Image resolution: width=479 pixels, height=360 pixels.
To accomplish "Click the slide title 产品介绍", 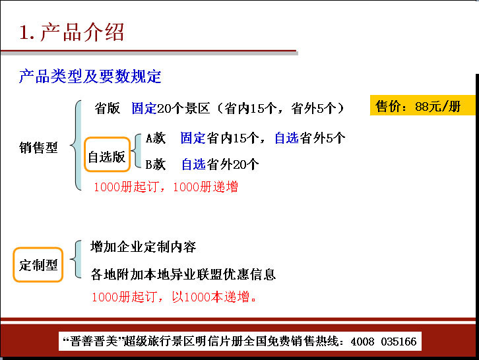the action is tap(82, 32).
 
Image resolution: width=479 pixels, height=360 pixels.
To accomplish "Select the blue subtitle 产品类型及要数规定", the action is tap(90, 76).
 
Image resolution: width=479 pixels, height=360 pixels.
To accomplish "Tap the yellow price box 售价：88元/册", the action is tap(422, 105).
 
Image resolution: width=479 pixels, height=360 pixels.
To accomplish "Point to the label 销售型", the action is tap(38, 148).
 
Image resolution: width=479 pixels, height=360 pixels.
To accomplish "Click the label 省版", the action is tap(108, 108).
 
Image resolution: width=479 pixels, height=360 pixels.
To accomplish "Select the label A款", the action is tap(156, 138).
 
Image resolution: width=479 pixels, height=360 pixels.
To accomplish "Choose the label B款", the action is tap(156, 165).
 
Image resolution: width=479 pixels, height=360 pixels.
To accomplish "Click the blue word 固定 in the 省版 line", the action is tap(144, 108).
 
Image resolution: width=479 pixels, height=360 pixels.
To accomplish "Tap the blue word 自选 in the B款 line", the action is tap(194, 165).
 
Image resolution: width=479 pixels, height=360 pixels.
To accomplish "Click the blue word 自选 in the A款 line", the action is tap(287, 138).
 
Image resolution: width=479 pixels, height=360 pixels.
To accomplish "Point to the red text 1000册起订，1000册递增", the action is tap(166, 187).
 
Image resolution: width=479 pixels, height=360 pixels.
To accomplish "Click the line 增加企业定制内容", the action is tap(143, 247).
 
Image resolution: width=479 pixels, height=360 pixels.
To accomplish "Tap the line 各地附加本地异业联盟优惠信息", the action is tap(183, 274).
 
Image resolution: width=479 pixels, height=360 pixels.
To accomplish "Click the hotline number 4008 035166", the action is tap(384, 342).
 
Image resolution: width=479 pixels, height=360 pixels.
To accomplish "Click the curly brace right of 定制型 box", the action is tap(76, 259).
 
